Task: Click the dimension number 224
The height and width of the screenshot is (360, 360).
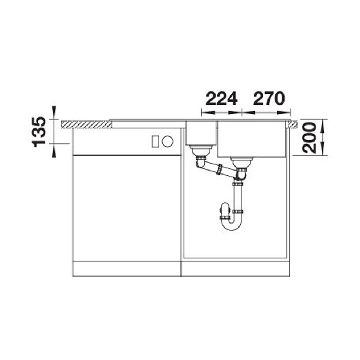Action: click(221, 98)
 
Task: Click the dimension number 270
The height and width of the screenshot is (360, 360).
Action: click(269, 98)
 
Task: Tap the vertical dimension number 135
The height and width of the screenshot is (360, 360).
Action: click(39, 132)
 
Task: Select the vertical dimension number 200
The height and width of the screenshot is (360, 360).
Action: click(309, 138)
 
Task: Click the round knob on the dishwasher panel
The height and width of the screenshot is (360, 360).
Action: click(168, 141)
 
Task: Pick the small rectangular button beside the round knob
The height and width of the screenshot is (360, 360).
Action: click(155, 142)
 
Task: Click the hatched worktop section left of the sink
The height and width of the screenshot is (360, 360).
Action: click(87, 124)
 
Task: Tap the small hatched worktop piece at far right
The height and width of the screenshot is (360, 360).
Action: click(293, 124)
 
